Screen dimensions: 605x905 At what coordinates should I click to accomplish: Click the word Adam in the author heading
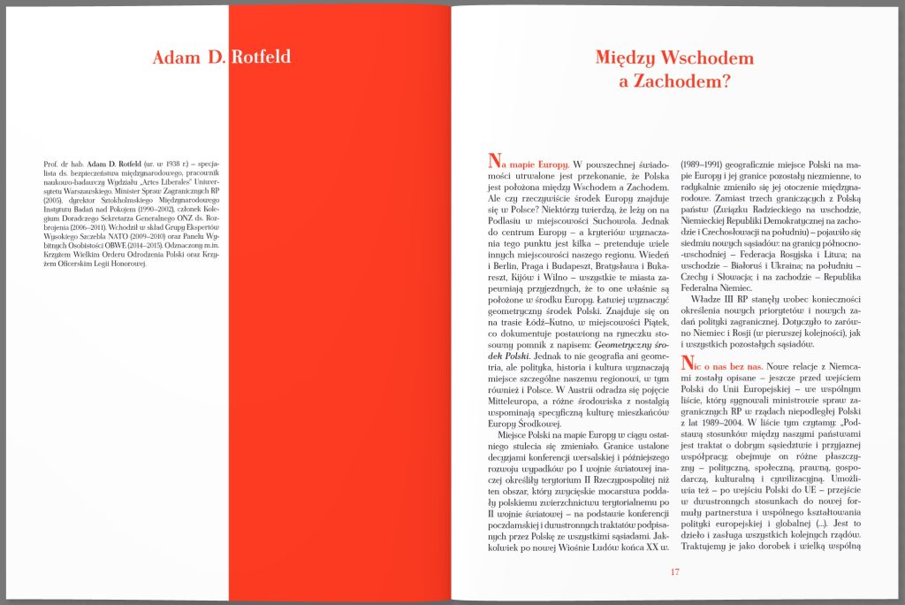click(x=174, y=59)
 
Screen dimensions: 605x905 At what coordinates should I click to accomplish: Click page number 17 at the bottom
click(x=675, y=571)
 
